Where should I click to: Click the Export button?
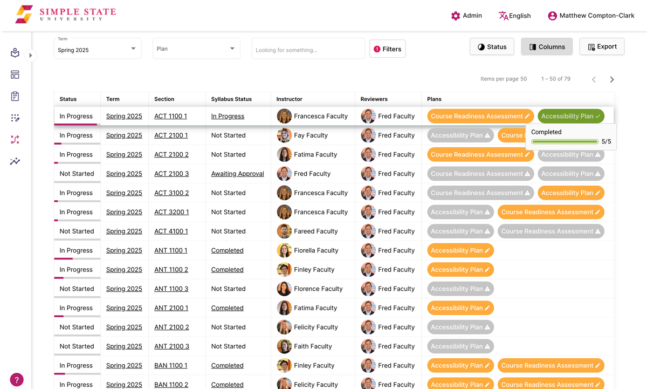[x=602, y=47]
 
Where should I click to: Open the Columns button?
[x=547, y=47]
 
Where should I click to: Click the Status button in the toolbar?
[x=492, y=47]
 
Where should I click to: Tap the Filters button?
[x=387, y=49]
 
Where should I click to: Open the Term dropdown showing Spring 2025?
[x=98, y=49]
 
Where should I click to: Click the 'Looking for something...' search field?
[x=308, y=50]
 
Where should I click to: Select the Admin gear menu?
[x=466, y=16]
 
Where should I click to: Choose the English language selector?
[x=515, y=16]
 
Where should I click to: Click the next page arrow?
[x=612, y=79]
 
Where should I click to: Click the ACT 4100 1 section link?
[x=171, y=231]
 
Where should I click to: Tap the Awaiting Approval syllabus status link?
[x=237, y=174]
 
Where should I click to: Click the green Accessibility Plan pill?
[x=570, y=116]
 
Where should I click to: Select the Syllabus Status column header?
[x=231, y=99]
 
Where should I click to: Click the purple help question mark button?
[x=17, y=379]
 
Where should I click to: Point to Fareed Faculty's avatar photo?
[x=284, y=231]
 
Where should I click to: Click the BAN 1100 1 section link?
[x=171, y=366]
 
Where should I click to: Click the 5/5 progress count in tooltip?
[x=606, y=141]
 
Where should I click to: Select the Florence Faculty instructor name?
[x=318, y=289]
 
